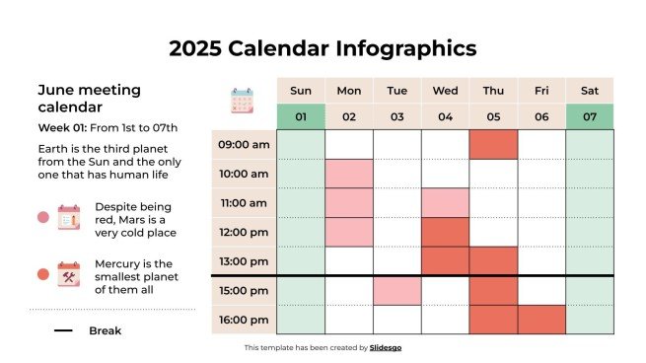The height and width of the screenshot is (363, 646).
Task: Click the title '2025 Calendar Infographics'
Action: [x=323, y=48]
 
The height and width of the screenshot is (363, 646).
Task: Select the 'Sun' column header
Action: [x=301, y=91]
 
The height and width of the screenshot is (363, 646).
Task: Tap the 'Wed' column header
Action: [x=445, y=91]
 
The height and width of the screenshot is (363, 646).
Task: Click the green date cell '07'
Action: [x=590, y=117]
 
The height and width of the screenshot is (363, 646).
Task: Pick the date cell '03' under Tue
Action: [x=397, y=117]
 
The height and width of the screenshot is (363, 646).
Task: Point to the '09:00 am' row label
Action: [x=244, y=145]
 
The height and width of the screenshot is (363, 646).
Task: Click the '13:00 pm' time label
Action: [x=244, y=261]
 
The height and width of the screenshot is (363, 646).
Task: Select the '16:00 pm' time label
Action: [x=244, y=320]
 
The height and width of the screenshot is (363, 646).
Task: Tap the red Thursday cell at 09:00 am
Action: [x=493, y=145]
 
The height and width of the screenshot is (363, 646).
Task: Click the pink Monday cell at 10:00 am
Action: [x=349, y=174]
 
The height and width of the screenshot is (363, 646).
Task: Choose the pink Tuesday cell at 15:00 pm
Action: [x=397, y=291]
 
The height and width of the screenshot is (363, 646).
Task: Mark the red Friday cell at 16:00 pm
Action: [x=541, y=320]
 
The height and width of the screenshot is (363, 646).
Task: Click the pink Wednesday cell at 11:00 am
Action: [x=445, y=203]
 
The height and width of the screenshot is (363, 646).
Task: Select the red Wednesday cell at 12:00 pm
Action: [x=445, y=233]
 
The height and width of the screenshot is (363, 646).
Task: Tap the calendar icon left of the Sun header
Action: [x=243, y=102]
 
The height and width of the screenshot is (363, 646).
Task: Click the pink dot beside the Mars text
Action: [x=42, y=218]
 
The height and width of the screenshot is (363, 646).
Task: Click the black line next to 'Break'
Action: [x=63, y=330]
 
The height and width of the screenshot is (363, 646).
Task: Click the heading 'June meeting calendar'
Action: [x=89, y=98]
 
